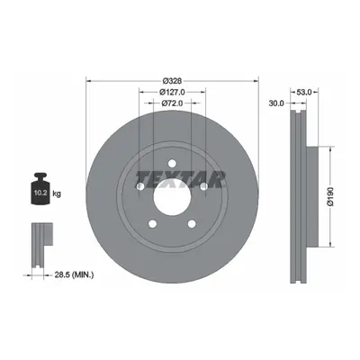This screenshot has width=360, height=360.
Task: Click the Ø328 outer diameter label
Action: [172, 81]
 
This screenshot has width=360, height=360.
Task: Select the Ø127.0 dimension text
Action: [172, 92]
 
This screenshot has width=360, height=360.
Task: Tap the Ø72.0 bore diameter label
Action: [172, 103]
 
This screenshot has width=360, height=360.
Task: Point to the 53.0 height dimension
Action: [304, 92]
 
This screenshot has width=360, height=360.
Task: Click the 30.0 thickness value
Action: [276, 103]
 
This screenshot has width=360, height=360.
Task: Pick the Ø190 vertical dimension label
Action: [330, 196]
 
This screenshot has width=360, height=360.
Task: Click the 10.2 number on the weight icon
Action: [40, 193]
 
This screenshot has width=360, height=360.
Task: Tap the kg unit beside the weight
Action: [57, 193]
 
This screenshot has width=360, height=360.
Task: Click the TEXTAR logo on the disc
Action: [181, 180]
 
